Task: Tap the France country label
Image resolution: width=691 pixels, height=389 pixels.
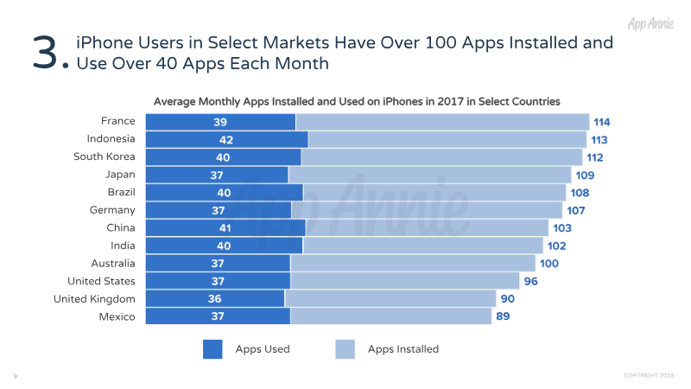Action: pos(117,121)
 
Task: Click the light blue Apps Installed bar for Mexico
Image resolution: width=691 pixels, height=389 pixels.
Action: pos(390,316)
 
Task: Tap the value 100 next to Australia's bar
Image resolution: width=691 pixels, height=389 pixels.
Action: pos(549,263)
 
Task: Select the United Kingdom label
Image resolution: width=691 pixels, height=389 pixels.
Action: pos(94,299)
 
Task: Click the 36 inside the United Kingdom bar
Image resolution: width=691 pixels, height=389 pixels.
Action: pos(217,298)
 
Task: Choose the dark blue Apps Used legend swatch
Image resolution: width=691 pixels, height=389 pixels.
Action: pos(213,349)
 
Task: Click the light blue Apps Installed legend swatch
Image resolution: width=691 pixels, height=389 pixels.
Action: pos(345,349)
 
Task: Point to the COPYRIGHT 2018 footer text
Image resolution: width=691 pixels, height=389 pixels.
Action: pos(649,375)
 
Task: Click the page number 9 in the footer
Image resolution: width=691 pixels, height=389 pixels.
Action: pos(16,376)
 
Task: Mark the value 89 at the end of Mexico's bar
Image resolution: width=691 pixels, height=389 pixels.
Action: pos(504,316)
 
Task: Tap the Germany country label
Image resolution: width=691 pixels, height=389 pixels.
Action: pos(112,210)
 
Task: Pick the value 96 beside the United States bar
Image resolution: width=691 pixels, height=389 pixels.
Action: pos(531,281)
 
